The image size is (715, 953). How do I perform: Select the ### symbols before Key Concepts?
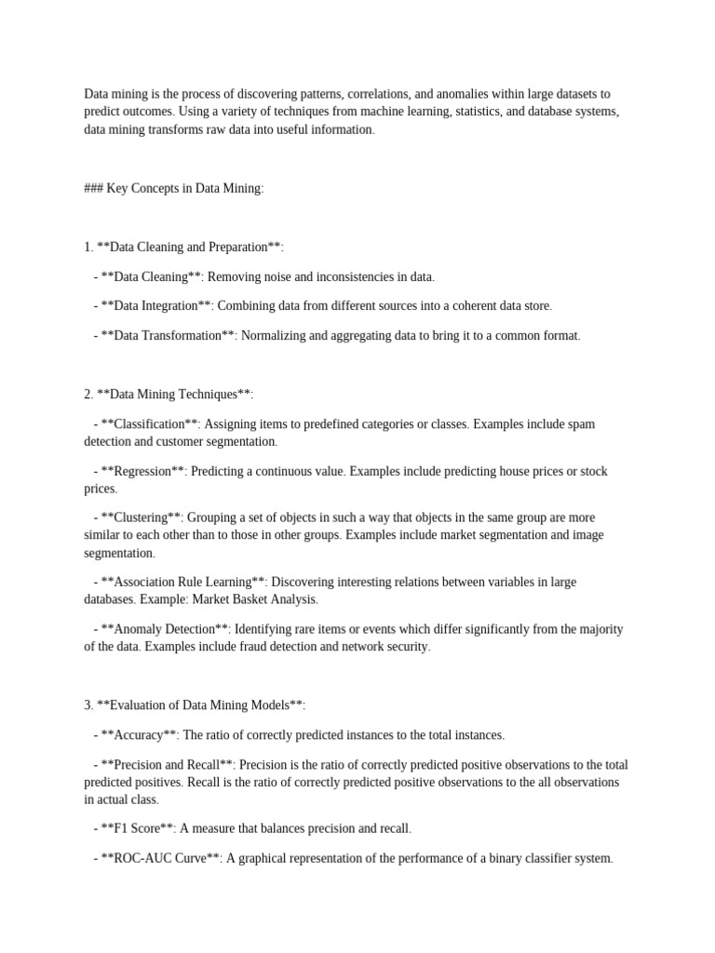coord(94,188)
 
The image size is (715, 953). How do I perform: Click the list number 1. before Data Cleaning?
coord(88,247)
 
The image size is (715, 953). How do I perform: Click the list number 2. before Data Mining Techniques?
coord(88,394)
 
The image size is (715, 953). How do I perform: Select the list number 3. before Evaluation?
coord(88,705)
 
